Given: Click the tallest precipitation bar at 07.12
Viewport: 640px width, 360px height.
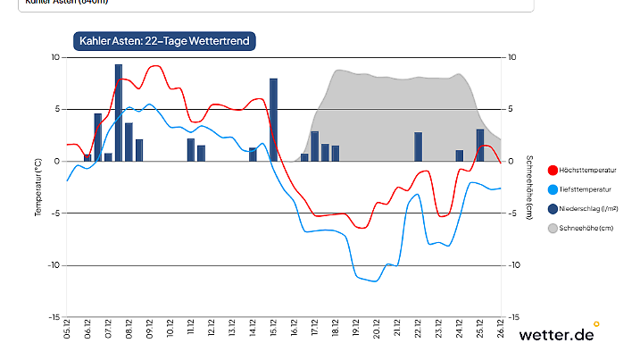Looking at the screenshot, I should (x=119, y=113).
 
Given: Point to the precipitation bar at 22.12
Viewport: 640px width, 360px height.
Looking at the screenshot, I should (x=418, y=147).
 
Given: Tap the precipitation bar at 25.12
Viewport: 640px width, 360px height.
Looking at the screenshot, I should (x=480, y=145).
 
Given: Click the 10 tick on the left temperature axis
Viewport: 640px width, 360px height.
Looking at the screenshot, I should (x=54, y=57).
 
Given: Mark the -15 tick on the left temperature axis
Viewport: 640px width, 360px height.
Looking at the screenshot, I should (x=53, y=317).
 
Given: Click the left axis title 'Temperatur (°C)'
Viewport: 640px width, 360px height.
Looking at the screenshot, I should (x=38, y=187).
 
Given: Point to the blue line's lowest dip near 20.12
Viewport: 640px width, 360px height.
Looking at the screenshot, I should (x=375, y=281).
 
